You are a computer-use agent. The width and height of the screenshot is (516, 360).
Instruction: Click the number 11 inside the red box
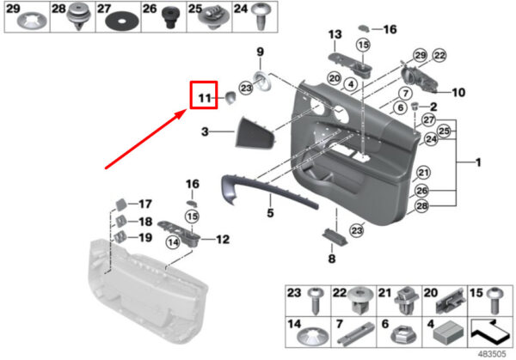click(205, 98)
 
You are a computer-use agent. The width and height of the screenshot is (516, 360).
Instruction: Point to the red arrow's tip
click(187, 111)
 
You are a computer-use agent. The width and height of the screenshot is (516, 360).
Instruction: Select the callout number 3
click(205, 131)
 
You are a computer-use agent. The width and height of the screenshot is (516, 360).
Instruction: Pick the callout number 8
click(332, 259)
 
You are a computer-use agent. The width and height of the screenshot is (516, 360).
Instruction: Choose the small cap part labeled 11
click(230, 98)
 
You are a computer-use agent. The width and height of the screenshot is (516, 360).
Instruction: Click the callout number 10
click(458, 93)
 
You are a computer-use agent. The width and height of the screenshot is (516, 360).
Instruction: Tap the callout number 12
click(223, 240)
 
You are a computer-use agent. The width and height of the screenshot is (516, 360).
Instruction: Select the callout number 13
click(335, 34)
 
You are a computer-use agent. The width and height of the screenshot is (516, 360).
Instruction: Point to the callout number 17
click(144, 204)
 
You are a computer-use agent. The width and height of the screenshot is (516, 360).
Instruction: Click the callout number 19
click(145, 237)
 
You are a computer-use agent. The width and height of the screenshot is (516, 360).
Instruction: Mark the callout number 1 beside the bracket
click(478, 162)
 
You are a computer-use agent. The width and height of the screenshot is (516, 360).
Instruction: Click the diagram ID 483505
click(492, 354)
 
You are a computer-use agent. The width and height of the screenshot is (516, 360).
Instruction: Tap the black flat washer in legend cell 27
click(122, 21)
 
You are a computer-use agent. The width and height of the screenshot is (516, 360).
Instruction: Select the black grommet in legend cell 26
click(170, 18)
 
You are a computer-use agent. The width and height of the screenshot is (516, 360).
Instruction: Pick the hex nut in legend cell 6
click(403, 335)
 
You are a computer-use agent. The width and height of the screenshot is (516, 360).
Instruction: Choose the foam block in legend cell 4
click(449, 333)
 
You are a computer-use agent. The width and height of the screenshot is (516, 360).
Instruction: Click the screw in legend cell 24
click(261, 15)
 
